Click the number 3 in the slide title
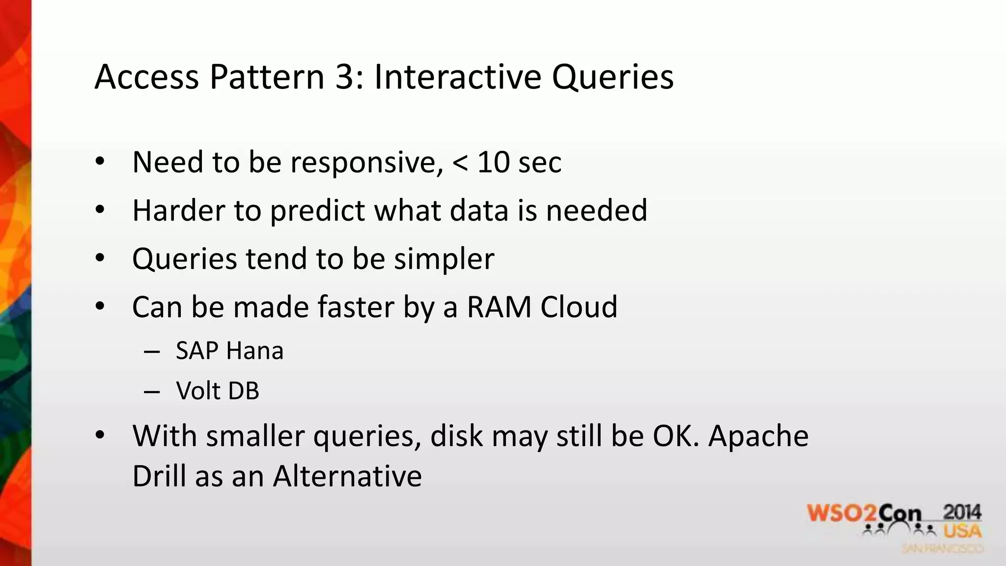click(348, 78)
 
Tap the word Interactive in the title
click(456, 78)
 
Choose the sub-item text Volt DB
click(217, 391)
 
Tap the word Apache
click(758, 436)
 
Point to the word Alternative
click(347, 476)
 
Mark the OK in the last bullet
click(674, 436)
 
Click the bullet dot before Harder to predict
click(100, 210)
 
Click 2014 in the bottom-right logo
click(962, 513)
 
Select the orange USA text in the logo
click(962, 531)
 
